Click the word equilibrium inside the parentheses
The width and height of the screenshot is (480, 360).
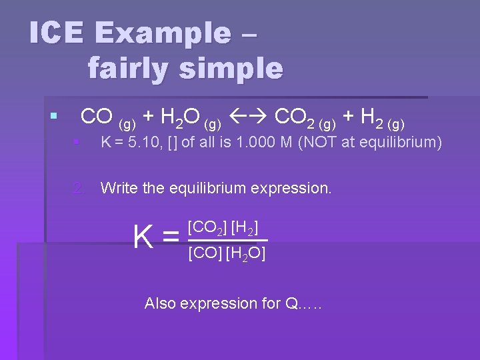click(400, 143)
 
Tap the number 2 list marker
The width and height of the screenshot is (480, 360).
click(79, 188)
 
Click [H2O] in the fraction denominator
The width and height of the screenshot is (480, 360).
click(246, 254)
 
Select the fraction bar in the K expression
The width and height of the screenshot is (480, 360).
click(227, 240)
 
